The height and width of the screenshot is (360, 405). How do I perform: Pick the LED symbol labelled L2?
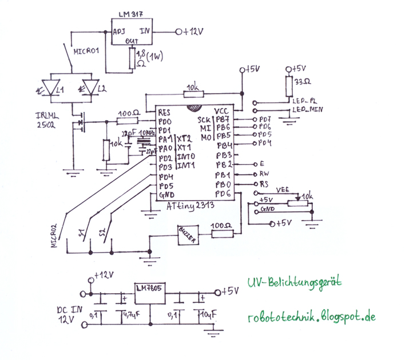pyautogui.click(x=92, y=89)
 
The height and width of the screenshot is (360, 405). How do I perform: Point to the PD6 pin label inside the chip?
pyautogui.click(x=223, y=194)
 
